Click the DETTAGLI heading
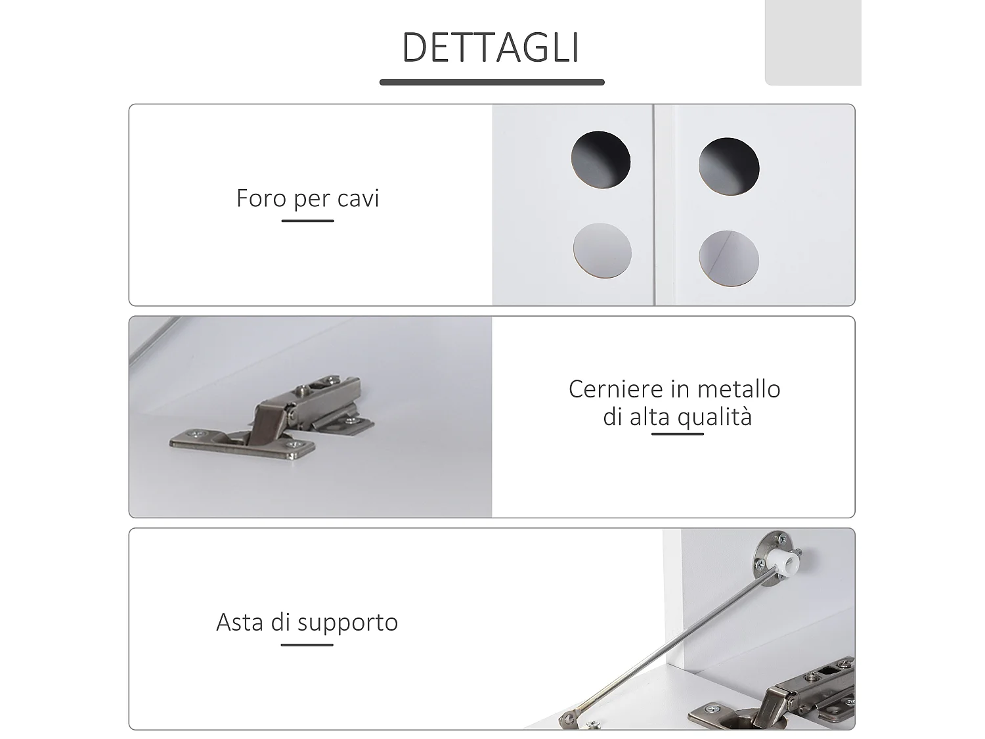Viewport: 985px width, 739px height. (x=491, y=47)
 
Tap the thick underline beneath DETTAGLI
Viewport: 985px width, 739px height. (x=491, y=82)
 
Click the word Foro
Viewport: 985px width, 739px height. (x=261, y=198)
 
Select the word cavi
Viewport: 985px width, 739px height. (x=358, y=198)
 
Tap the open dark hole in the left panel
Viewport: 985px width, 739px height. (x=600, y=160)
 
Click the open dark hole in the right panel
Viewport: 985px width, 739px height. (x=729, y=166)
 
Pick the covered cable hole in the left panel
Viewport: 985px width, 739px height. (x=602, y=250)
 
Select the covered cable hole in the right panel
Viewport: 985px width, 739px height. (x=729, y=258)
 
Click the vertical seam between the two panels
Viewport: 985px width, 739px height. (x=654, y=204)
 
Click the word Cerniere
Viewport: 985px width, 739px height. (x=615, y=389)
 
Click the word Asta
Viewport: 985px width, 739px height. (x=240, y=621)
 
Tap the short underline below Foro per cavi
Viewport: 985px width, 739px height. (x=307, y=221)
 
